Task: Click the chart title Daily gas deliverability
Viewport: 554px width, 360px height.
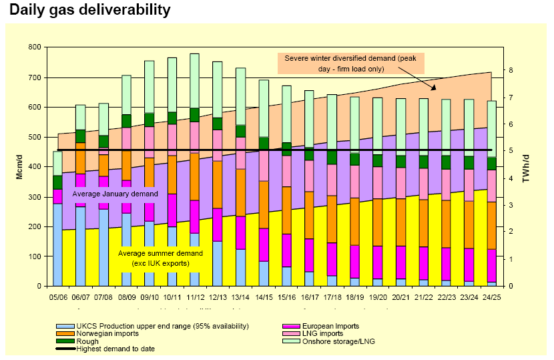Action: pos(90,11)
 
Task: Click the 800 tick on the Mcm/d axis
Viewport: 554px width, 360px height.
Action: pos(34,47)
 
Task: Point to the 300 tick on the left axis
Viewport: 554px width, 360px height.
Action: pos(34,197)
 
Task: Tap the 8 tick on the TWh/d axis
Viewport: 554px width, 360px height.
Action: pos(510,70)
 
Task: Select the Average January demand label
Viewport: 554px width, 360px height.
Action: pos(115,194)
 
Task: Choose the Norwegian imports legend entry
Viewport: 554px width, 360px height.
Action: pos(107,333)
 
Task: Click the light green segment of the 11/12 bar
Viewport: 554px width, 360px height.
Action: pos(194,81)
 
